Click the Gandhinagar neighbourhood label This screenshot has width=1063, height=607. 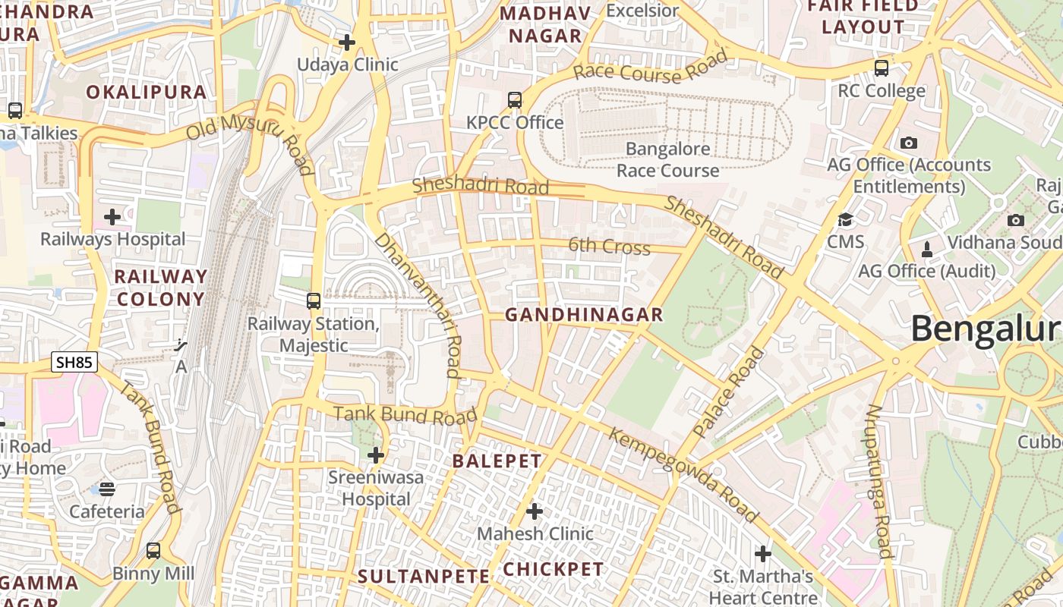584,315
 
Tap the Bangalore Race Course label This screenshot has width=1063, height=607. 667,159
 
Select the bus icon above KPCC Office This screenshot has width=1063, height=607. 515,99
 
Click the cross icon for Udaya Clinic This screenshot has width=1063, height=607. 347,42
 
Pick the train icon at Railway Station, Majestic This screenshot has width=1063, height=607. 314,301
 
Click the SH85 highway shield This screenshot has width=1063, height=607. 74,363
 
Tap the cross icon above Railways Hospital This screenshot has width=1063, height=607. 112,218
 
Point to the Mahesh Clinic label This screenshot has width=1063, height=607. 535,533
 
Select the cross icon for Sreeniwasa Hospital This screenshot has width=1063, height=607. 375,455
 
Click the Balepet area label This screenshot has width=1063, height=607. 497,461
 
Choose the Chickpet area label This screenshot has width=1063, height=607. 554,570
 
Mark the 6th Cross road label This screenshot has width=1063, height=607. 610,247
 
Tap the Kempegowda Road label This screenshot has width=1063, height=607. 683,476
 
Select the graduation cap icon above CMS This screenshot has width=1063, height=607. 845,220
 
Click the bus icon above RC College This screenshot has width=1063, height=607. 882,68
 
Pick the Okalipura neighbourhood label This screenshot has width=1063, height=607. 146,93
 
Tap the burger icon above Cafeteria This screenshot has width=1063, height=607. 107,489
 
